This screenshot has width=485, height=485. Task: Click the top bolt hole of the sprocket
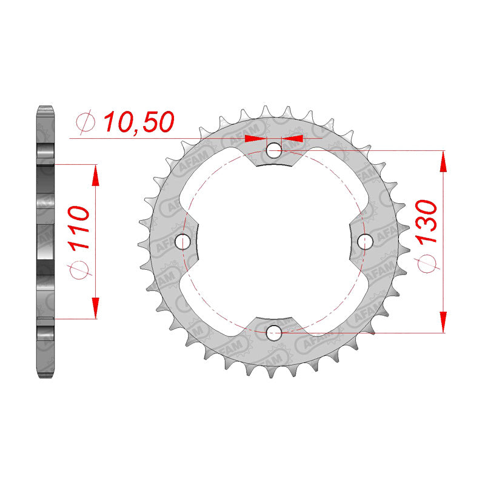pos(274,150)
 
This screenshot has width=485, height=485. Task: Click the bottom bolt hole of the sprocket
pos(274,333)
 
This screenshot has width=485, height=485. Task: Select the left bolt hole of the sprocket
pos(182,241)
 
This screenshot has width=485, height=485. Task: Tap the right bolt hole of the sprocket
pos(366,241)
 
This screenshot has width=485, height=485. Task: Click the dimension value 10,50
pos(139,122)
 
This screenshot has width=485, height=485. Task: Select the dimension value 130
pos(426,222)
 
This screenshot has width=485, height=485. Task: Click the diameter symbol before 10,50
pos(85,122)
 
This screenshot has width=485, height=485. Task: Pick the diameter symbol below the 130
pos(427,264)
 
